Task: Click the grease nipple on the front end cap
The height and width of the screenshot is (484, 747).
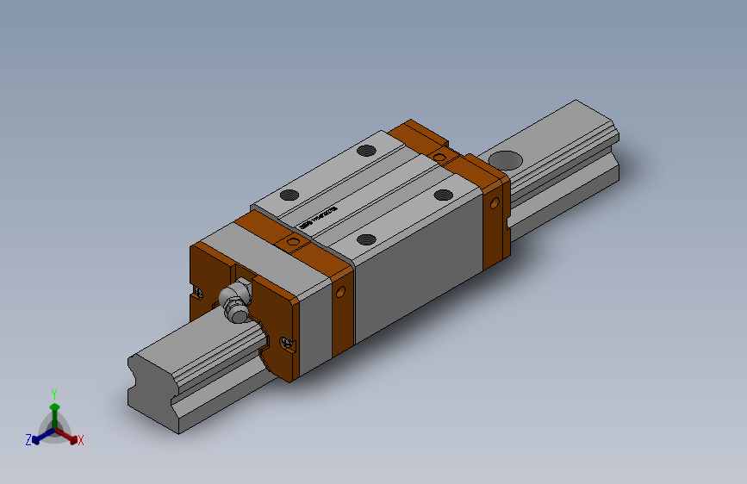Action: [234, 301]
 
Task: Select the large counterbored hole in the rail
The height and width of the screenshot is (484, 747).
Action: [504, 159]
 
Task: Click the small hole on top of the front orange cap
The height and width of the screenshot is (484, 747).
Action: [292, 244]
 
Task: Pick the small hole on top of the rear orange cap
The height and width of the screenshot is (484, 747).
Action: [440, 156]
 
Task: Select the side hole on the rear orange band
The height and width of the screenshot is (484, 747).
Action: [495, 204]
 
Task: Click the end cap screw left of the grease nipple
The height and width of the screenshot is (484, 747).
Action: [199, 290]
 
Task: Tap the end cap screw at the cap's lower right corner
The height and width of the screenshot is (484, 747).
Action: [287, 344]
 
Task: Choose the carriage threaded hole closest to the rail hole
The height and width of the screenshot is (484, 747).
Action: [444, 194]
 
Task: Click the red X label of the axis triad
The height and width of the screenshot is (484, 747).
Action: [81, 440]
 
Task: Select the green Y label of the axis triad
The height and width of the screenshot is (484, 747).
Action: [54, 393]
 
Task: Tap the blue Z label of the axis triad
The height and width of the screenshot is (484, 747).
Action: [28, 439]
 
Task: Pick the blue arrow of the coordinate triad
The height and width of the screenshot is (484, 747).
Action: [40, 437]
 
